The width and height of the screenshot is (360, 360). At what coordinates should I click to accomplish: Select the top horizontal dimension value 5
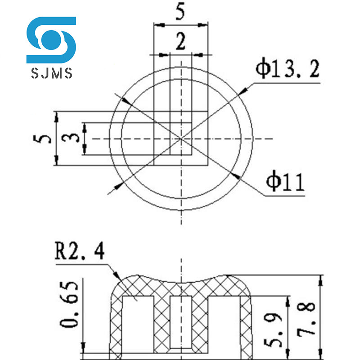tap(180, 12)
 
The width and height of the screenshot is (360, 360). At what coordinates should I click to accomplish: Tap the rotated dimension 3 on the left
tap(72, 138)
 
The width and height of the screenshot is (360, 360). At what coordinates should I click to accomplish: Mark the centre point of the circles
tap(181, 139)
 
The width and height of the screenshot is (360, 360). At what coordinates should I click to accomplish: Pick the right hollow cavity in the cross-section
tap(223, 324)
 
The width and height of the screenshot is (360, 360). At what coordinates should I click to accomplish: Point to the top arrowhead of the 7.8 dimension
tap(320, 279)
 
